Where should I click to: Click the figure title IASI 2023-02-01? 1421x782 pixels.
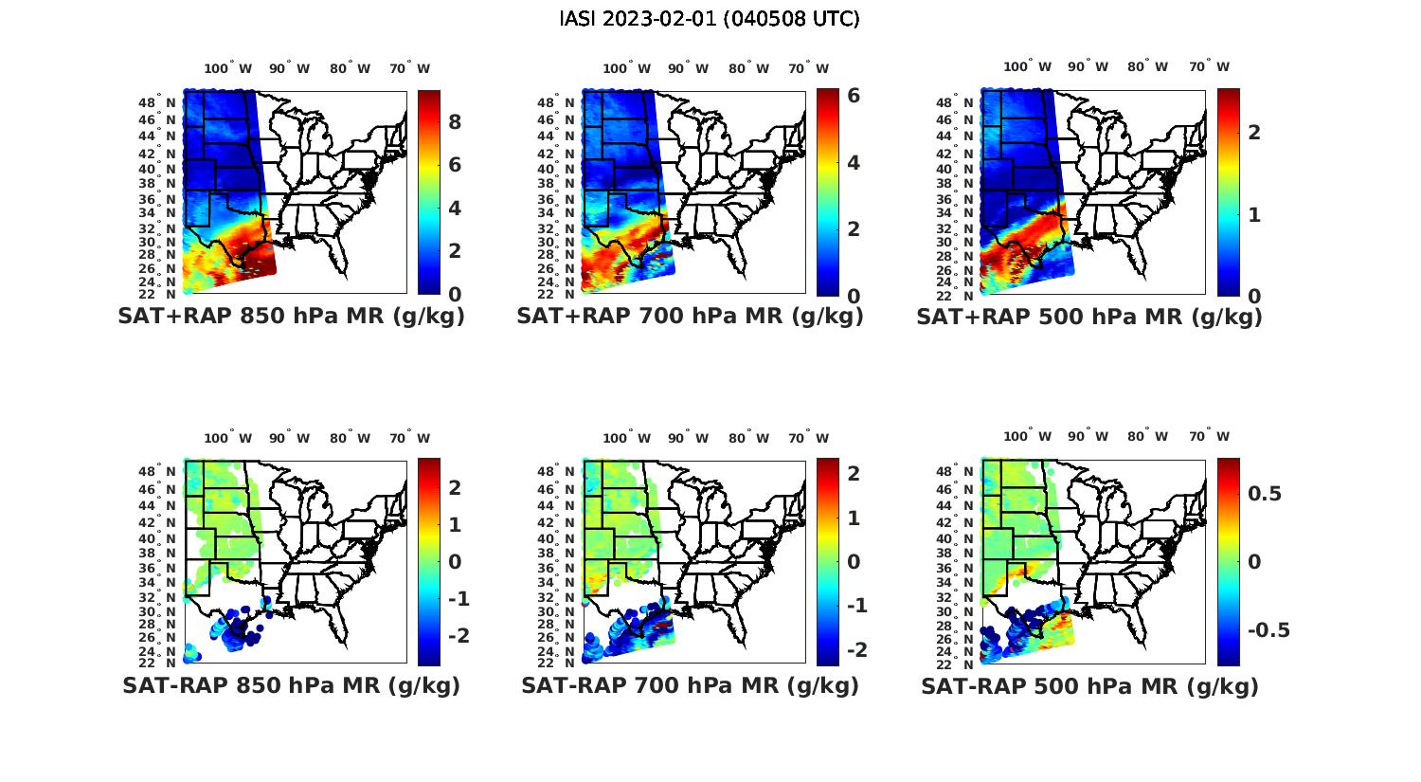click(x=710, y=19)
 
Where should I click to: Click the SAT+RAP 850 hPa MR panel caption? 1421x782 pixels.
click(x=291, y=317)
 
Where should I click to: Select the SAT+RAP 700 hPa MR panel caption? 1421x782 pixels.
click(x=690, y=317)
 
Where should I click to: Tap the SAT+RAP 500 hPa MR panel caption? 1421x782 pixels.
click(x=1089, y=317)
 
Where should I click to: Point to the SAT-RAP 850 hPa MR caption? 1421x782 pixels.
click(x=291, y=685)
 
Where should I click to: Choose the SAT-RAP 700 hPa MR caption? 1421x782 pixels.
click(x=690, y=685)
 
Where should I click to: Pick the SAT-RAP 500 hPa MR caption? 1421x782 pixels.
click(x=1089, y=686)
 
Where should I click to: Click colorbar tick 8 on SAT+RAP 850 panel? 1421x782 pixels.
click(x=455, y=121)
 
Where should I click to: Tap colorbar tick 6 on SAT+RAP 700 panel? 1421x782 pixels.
click(x=854, y=96)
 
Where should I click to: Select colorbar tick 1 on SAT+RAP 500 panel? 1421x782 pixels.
click(x=1254, y=214)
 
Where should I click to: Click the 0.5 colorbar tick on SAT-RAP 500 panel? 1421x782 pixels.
click(x=1265, y=493)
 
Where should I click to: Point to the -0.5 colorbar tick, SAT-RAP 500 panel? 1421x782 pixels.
click(x=1268, y=630)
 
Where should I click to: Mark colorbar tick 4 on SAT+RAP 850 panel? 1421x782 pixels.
click(x=455, y=208)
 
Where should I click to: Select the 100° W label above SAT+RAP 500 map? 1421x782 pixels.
click(x=1028, y=67)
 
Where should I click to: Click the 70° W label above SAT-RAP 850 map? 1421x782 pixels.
click(x=409, y=438)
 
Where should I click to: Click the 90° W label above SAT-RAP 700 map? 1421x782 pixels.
click(x=688, y=438)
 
